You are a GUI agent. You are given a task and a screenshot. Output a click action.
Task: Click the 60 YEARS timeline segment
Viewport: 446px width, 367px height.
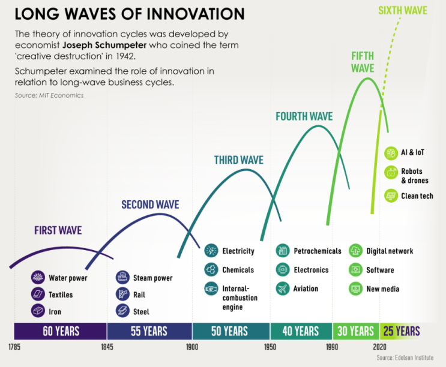61,331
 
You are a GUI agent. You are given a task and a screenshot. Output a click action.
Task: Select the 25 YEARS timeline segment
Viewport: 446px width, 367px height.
402,331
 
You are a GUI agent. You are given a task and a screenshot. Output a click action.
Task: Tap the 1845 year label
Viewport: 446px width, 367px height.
107,347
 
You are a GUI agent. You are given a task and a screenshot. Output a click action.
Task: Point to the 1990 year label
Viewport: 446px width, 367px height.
332,347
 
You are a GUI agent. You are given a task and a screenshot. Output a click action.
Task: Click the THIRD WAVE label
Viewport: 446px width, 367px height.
239,160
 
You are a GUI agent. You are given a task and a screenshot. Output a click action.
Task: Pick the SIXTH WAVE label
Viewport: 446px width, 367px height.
403,11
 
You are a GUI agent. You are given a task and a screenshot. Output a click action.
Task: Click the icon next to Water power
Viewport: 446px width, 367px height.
38,277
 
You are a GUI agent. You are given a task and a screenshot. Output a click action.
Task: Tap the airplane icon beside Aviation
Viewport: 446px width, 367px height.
283,288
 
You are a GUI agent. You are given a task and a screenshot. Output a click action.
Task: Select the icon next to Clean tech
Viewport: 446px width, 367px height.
391,195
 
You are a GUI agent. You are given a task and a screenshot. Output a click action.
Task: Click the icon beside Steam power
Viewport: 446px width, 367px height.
122,277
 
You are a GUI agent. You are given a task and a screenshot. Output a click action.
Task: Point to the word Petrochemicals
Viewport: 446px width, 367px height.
318,251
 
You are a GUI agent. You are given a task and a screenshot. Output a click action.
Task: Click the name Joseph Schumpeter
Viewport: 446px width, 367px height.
104,45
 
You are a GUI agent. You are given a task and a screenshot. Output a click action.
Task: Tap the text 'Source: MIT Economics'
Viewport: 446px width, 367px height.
49,95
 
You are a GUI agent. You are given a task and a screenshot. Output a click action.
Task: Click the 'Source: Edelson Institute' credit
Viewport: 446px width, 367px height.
405,357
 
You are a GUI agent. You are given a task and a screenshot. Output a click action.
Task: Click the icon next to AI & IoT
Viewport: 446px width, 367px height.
391,153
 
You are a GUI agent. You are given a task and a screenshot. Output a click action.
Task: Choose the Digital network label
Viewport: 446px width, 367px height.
390,251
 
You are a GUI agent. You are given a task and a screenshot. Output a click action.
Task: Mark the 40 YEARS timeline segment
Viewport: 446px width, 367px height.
301,331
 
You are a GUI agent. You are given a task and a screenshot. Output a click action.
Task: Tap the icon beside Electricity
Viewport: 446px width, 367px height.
211,251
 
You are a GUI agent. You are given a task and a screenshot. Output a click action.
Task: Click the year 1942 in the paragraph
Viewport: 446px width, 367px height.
125,56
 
